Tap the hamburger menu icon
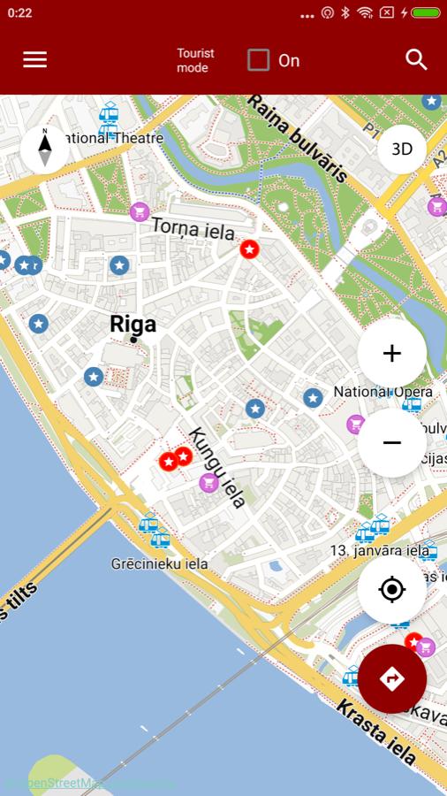click(x=35, y=59)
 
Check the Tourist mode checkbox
click(x=258, y=60)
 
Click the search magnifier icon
click(x=416, y=59)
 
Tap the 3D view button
click(x=402, y=149)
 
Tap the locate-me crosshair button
click(x=392, y=589)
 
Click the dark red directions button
click(x=392, y=678)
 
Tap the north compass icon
click(x=45, y=149)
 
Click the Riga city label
click(x=133, y=324)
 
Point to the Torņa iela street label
click(x=193, y=228)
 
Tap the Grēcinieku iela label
click(x=159, y=563)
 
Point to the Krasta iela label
click(x=375, y=731)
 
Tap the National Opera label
click(x=383, y=392)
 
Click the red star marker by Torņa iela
click(x=250, y=249)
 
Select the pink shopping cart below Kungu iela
click(x=208, y=483)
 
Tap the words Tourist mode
click(x=195, y=60)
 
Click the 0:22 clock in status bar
click(x=19, y=12)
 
